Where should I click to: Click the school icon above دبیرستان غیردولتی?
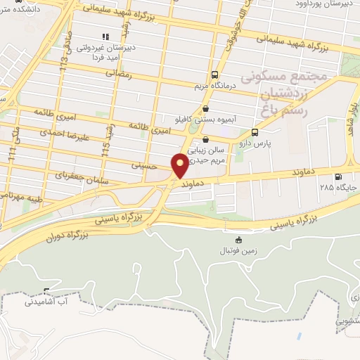(x=105, y=36)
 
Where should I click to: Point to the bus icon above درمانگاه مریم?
(x=214, y=75)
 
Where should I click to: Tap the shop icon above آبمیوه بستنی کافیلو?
(x=205, y=109)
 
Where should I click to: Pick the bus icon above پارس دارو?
(x=254, y=131)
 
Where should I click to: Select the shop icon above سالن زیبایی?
(x=205, y=139)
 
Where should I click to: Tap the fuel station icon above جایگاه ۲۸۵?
(x=339, y=177)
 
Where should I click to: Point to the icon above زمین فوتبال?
(x=238, y=240)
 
